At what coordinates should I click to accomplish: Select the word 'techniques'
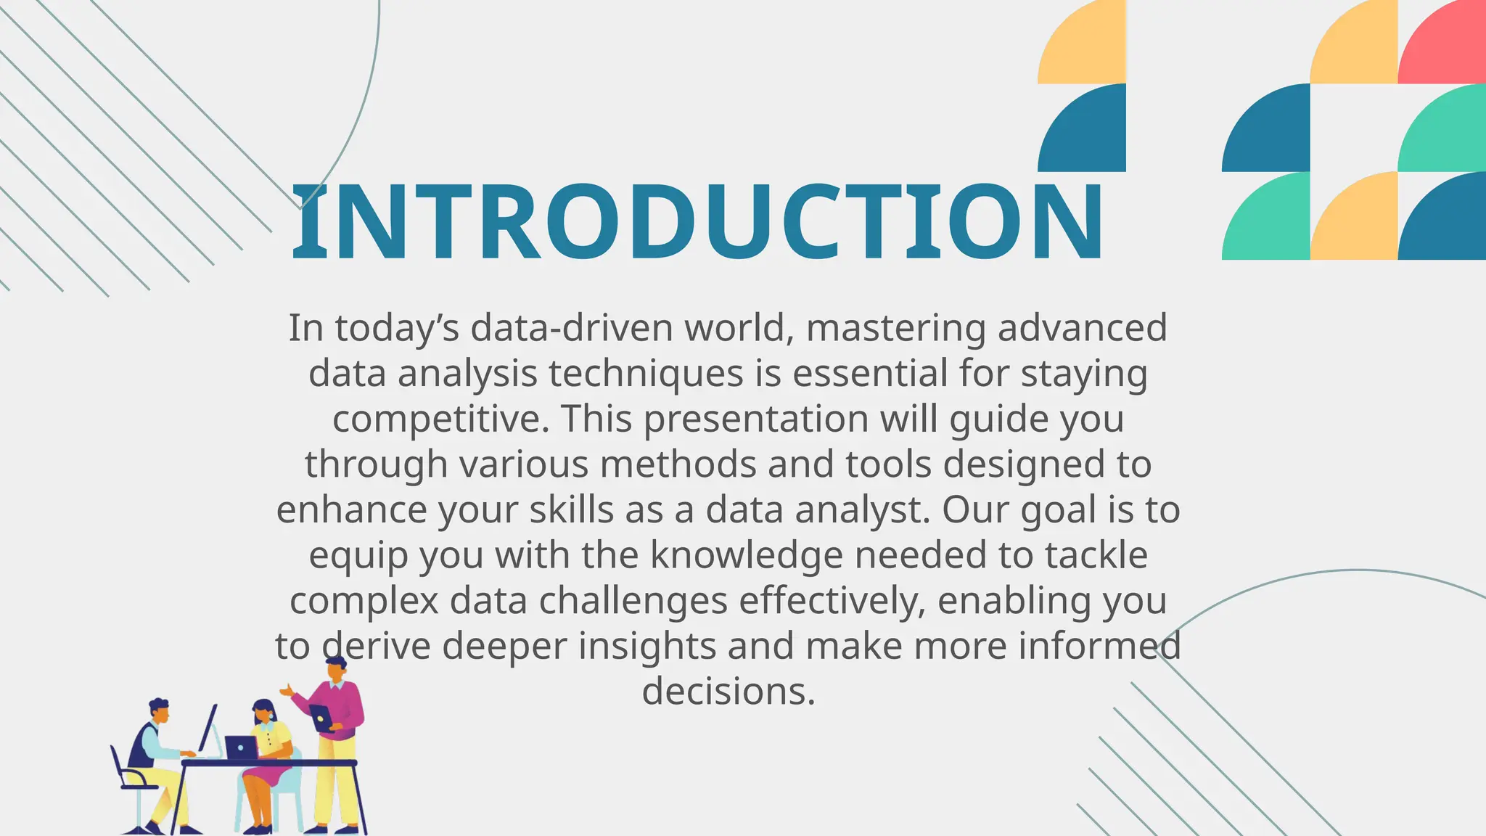tap(646, 374)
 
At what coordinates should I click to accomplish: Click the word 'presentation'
tap(755, 419)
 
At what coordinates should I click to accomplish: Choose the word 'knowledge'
tap(746, 556)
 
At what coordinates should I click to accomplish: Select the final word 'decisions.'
tap(728, 692)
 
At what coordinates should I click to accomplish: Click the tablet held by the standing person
tap(321, 717)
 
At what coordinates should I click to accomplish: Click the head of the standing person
tap(336, 668)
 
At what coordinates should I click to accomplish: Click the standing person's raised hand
tap(287, 690)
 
